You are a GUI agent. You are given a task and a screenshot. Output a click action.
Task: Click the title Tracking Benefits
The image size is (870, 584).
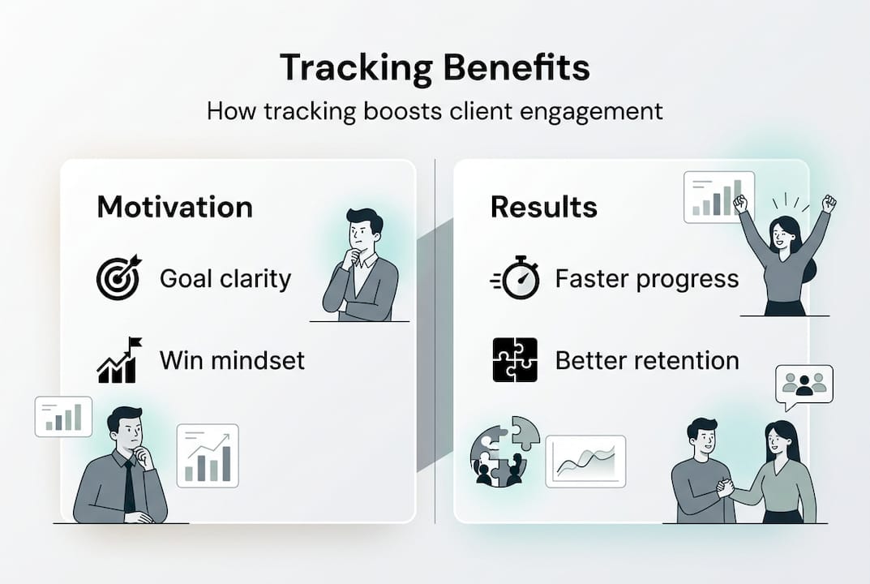[x=435, y=67]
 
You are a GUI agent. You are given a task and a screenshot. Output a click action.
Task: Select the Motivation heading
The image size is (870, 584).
[x=175, y=207]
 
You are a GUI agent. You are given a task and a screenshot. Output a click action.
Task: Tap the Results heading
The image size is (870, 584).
[x=544, y=207]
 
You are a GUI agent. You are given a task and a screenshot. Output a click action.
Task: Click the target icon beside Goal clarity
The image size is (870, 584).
[x=118, y=277]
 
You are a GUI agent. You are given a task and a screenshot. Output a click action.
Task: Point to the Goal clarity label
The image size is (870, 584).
[x=225, y=279]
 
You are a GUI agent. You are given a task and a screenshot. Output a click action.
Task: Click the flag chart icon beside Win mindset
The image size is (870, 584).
[x=119, y=359]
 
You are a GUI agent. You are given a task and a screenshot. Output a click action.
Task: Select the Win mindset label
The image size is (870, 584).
[x=232, y=360]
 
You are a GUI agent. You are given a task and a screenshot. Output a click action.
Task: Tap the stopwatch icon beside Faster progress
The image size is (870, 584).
[x=515, y=277]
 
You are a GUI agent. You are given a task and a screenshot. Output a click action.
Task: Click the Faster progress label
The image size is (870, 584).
[x=647, y=279]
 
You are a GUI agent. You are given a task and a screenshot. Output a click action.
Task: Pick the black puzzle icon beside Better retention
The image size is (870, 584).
[x=515, y=359]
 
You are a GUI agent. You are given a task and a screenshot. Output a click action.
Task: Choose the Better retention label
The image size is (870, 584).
[x=647, y=361]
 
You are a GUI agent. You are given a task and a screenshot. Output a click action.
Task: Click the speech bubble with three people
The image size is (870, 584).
[x=804, y=385]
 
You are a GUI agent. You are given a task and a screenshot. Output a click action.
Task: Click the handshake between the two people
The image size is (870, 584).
[x=725, y=487]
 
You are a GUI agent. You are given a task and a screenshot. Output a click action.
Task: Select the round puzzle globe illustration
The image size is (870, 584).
[x=504, y=452]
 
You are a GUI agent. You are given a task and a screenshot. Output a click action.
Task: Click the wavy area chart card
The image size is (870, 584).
[x=585, y=462]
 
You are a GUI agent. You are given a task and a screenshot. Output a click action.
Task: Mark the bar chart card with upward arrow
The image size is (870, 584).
[x=208, y=456]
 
